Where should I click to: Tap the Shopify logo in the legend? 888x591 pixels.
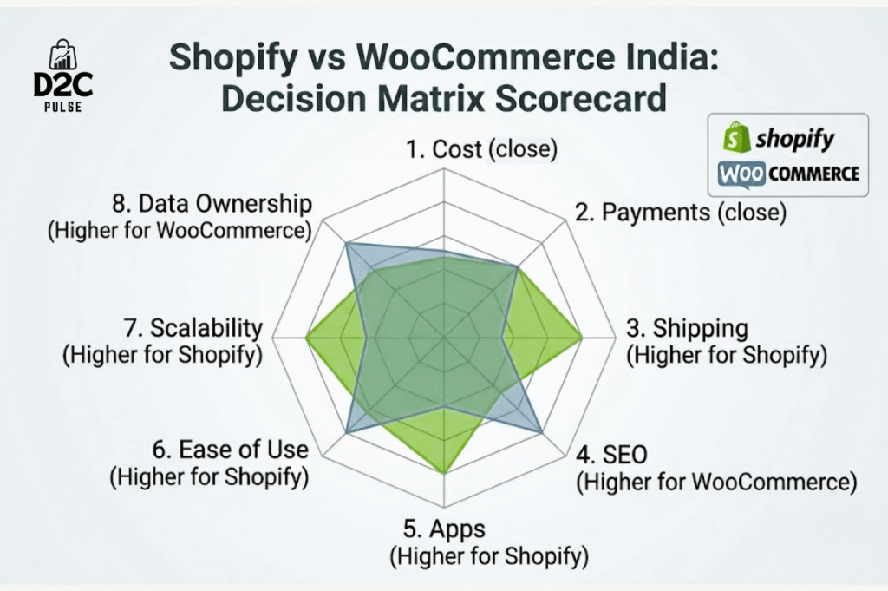[780, 138]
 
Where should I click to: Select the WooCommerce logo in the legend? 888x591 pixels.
[788, 173]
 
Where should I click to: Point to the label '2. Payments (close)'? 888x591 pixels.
[681, 212]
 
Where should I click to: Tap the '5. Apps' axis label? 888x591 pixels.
[445, 529]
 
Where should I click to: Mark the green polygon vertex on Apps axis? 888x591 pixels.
[444, 473]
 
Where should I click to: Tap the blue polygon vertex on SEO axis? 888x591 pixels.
[542, 432]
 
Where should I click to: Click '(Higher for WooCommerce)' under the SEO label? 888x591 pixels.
[716, 482]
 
